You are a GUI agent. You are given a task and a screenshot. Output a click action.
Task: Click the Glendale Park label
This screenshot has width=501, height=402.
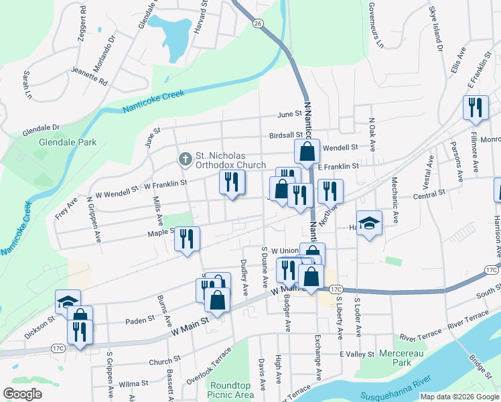click(x=68, y=142)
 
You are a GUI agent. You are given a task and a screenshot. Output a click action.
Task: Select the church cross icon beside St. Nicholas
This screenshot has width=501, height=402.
click(x=185, y=159)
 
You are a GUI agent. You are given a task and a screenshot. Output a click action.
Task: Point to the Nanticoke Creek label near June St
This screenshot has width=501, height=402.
click(x=153, y=101)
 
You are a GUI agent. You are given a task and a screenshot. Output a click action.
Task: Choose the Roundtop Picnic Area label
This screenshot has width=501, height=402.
click(x=231, y=390)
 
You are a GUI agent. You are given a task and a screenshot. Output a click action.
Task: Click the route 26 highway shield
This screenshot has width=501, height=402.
click(x=258, y=23)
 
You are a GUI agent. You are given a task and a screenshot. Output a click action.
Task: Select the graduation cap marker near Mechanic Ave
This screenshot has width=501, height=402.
click(x=369, y=223)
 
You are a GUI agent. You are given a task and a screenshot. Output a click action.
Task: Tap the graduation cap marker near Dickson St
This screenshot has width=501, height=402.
click(x=68, y=302)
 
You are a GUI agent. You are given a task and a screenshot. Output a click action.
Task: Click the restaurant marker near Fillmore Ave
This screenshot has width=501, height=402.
click(x=476, y=108)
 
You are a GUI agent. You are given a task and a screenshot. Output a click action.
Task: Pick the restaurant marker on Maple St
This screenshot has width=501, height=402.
click(x=188, y=239)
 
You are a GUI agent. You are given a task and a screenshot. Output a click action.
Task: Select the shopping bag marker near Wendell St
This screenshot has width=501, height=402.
click(x=306, y=152)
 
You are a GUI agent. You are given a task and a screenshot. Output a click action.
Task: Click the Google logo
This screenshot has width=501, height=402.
click(x=22, y=393)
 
